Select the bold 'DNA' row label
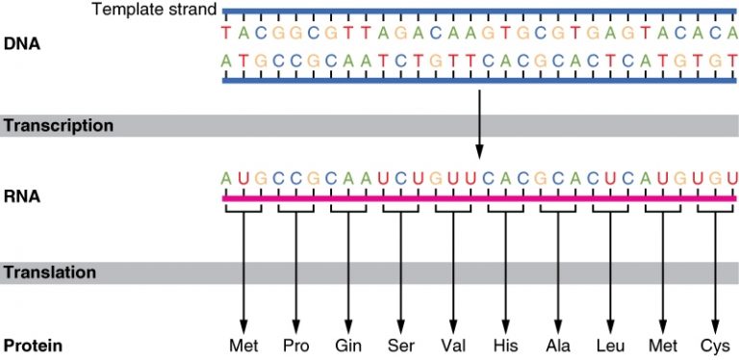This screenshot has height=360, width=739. point(21,44)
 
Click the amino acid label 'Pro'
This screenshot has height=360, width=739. point(295,345)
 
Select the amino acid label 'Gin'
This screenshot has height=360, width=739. point(347,345)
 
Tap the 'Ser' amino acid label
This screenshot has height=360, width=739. point(399,345)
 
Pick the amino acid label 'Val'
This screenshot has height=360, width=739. point(452,345)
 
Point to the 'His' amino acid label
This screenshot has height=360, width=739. point(504,345)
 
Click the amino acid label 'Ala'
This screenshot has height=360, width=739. point(557,345)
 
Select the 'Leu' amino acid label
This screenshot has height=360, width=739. point(609,345)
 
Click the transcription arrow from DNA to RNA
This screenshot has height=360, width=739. point(478,125)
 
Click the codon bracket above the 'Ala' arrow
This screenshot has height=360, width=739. point(557,208)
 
